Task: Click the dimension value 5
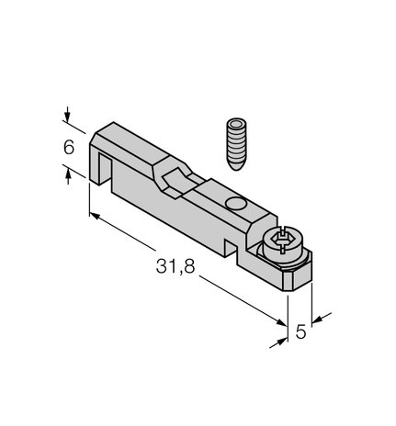pos(300,332)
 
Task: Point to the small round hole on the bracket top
pos(235,204)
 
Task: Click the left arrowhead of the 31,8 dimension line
pos(95,218)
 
